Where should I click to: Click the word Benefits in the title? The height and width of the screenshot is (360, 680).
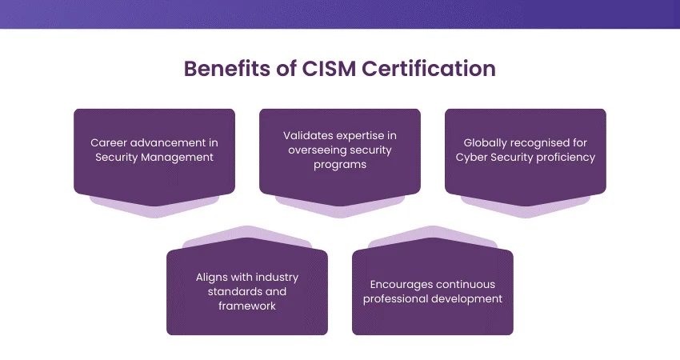[x=225, y=69]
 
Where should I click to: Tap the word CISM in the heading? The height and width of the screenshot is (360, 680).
[x=330, y=69]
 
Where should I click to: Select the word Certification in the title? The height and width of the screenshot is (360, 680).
[x=429, y=69]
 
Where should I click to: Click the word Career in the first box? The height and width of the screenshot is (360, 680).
[x=109, y=142]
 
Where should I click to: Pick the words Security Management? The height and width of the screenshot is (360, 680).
[x=154, y=157]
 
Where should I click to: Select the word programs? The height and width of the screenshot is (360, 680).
[x=340, y=164]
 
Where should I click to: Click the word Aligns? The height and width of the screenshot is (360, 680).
[x=212, y=277]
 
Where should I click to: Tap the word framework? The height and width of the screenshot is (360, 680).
[x=247, y=306]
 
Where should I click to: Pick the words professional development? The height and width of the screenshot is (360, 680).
[x=433, y=298]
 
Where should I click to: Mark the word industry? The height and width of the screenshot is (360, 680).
[x=276, y=277]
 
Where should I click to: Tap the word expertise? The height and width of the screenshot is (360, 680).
[x=369, y=135]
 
